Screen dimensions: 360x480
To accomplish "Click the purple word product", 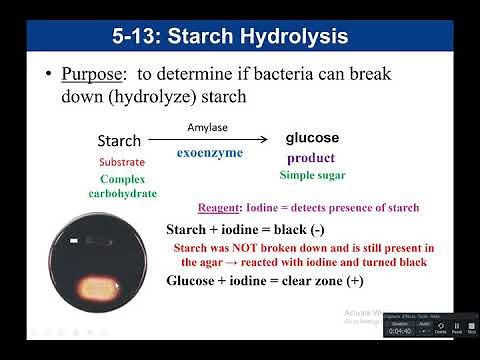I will pos(310,157).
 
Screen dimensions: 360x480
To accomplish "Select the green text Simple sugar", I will pos(311,175).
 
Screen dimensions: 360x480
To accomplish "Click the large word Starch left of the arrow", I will pos(119,141).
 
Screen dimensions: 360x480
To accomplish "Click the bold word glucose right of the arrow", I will pos(312,138).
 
